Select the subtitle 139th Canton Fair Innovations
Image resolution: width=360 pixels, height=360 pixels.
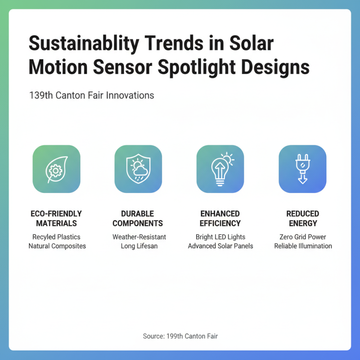[x=91, y=95]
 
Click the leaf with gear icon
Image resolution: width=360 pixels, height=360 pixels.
[x=56, y=169]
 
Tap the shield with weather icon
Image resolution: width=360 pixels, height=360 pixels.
[x=138, y=169]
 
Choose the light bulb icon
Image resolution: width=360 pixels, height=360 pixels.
[x=220, y=169]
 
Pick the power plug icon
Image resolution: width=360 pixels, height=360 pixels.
[x=302, y=169]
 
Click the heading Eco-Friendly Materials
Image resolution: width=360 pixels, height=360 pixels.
[x=56, y=218]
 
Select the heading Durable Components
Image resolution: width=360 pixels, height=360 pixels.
[x=138, y=218]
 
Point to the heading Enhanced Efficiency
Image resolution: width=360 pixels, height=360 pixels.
[x=220, y=218]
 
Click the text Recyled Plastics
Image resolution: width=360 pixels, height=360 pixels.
[x=57, y=237]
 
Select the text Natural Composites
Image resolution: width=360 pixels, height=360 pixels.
[x=57, y=246]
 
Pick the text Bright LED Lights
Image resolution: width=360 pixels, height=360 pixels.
[x=220, y=237]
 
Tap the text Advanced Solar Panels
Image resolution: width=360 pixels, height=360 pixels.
[x=220, y=246]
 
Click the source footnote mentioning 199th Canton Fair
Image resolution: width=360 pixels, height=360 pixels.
[x=180, y=336]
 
